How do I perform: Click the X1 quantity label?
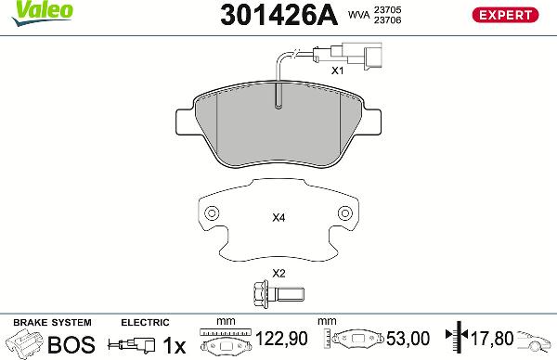point(338,70)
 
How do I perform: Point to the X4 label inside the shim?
point(278,219)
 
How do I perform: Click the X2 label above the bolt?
point(278,273)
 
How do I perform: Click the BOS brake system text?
point(71,344)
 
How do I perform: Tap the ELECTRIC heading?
point(145,322)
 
